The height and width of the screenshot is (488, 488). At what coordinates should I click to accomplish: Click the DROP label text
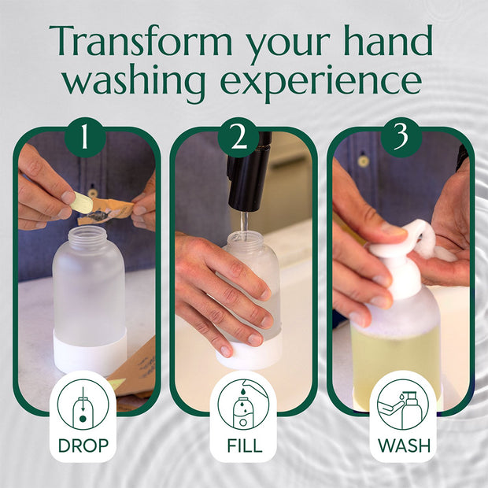83,445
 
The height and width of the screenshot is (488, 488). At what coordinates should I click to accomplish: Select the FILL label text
244,445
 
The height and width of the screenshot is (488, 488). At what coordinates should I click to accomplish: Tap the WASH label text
403,445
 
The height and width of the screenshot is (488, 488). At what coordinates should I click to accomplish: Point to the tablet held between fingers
82,204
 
